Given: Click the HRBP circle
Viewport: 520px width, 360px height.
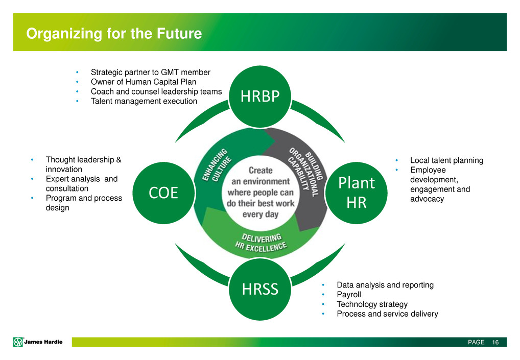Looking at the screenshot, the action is click(x=260, y=97).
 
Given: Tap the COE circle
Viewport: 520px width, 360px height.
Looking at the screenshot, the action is click(x=163, y=193).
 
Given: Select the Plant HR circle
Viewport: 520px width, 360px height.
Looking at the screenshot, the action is click(x=356, y=193).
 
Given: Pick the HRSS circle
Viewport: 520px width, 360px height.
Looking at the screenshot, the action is click(x=260, y=289).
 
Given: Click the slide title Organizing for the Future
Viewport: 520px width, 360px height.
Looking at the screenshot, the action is click(x=114, y=34).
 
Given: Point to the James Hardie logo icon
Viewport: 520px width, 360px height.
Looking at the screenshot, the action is click(x=18, y=342).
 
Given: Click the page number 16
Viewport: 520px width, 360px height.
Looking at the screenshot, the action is click(x=495, y=342).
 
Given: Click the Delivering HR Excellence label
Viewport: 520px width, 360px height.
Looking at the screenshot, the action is click(x=261, y=243).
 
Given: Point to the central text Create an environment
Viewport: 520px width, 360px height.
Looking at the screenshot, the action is click(x=261, y=193).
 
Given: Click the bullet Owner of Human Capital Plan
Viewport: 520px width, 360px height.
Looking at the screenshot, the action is click(x=144, y=82).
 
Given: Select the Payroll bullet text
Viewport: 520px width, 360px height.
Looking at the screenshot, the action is click(x=349, y=294).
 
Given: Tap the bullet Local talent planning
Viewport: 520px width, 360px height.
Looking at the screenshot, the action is click(x=447, y=160).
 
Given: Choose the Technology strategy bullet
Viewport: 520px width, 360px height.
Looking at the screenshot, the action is click(x=372, y=304).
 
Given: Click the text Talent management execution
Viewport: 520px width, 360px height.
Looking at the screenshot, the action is click(x=144, y=101).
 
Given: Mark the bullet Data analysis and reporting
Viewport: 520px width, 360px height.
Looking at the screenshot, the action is click(x=385, y=285).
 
